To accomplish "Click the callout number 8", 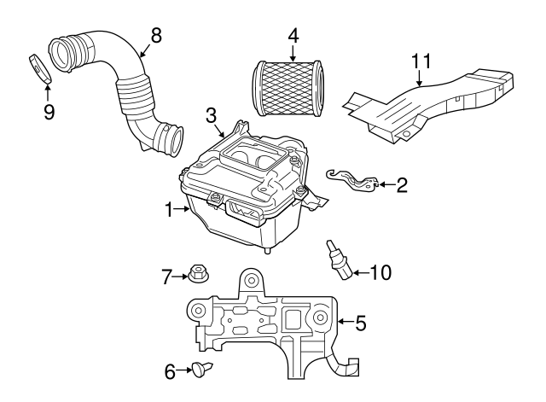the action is click(x=156, y=36).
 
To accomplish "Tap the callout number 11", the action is click(x=421, y=61).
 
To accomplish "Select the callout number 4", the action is click(x=293, y=36).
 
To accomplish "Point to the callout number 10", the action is click(x=380, y=272).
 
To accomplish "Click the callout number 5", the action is click(x=361, y=323).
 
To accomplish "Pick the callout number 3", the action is click(x=211, y=116).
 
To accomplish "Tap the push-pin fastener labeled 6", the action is click(x=202, y=368).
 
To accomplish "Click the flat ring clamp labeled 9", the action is click(x=39, y=68).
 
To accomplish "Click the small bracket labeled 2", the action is click(x=352, y=180).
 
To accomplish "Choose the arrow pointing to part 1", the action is click(x=181, y=208).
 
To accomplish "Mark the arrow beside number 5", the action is click(x=346, y=322).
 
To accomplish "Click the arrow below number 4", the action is click(x=293, y=54).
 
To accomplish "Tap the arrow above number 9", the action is click(x=48, y=93).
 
